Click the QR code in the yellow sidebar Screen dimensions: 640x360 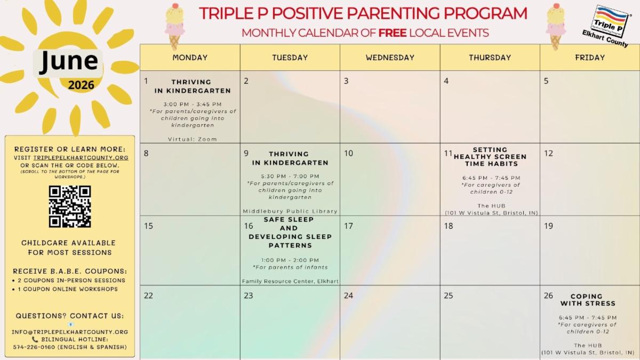click(x=70, y=206)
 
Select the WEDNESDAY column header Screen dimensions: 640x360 click(x=390, y=58)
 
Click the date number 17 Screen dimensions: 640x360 click(x=348, y=226)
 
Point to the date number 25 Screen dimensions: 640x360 click(x=449, y=295)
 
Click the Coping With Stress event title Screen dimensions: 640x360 click(x=587, y=300)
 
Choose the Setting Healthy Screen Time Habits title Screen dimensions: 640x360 click(x=490, y=157)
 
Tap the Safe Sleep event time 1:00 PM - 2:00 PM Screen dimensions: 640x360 click(x=290, y=260)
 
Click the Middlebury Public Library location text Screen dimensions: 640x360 click(x=290, y=211)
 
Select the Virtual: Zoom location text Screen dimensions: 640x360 click(x=193, y=139)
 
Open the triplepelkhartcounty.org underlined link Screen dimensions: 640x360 click(x=81, y=158)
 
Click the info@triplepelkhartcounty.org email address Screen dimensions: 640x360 click(x=70, y=332)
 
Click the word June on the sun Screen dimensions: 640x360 click(x=69, y=61)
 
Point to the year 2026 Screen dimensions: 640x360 click(x=81, y=85)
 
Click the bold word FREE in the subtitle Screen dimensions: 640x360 click(x=393, y=33)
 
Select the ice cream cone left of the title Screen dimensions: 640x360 click(x=174, y=27)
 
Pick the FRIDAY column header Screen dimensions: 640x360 click(x=590, y=58)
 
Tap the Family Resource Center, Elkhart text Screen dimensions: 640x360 click(x=290, y=281)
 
